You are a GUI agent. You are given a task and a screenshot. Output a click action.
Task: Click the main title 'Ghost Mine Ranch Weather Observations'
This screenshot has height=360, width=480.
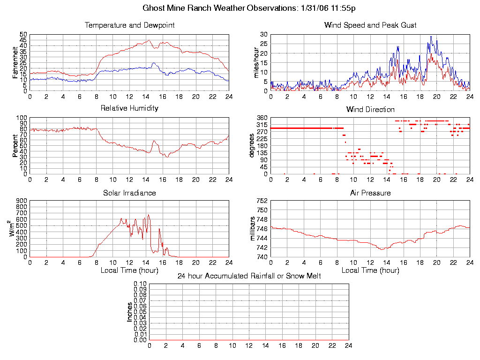tap(248, 8)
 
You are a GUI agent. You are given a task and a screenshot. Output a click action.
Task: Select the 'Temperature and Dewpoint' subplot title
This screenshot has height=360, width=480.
tap(129, 25)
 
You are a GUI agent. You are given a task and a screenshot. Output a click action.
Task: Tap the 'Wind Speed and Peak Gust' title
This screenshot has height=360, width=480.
tap(370, 25)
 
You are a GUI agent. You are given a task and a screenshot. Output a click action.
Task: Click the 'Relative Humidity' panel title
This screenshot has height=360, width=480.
tap(129, 108)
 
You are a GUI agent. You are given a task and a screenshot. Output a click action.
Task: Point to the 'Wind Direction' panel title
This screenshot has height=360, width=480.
tap(370, 110)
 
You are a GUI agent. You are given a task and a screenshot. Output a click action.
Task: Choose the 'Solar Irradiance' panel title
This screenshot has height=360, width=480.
tap(129, 193)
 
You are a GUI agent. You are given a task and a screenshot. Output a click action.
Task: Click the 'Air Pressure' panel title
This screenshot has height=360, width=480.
tap(370, 193)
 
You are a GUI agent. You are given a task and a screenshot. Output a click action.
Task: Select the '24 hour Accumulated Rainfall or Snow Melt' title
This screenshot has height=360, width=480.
tap(249, 276)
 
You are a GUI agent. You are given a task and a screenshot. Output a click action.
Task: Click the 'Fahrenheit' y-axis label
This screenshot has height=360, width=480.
tap(15, 63)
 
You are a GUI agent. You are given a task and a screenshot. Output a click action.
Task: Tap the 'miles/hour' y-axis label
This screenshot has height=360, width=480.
tap(256, 63)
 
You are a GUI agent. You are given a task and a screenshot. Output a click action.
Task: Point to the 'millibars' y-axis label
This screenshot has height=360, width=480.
tap(253, 229)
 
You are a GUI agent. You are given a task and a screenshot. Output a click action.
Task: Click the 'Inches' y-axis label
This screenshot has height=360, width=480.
tap(130, 312)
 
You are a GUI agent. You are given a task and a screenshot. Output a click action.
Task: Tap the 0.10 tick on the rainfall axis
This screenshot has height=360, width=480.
tap(140, 284)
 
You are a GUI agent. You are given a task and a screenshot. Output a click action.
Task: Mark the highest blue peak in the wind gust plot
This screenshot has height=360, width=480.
tap(431, 37)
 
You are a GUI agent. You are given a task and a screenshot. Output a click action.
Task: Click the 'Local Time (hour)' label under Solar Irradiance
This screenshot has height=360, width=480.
tap(129, 270)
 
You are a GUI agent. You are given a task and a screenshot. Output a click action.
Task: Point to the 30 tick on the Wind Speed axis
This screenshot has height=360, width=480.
tap(263, 35)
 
